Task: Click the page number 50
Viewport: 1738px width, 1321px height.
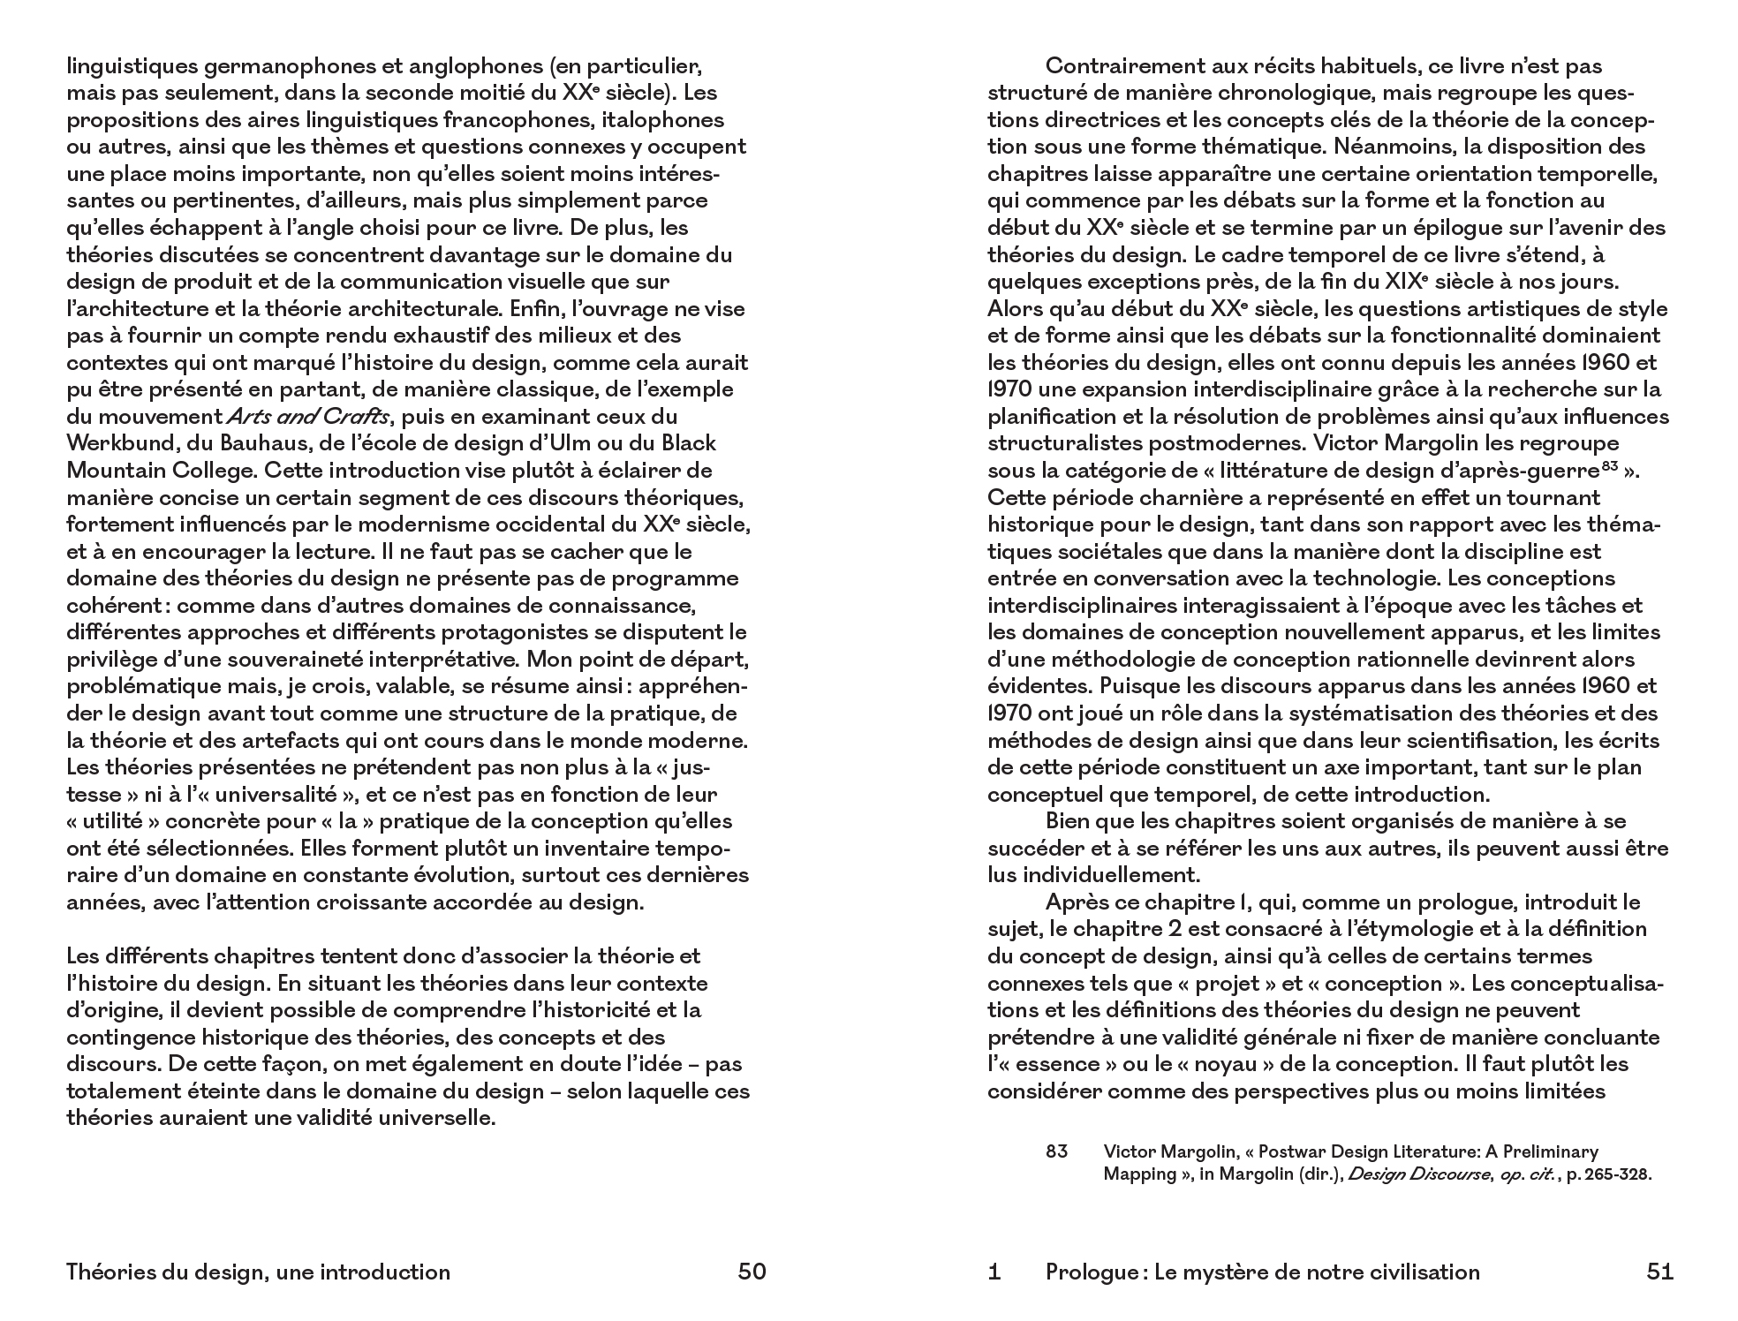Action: (752, 1272)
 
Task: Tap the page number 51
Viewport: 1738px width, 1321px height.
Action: (1660, 1272)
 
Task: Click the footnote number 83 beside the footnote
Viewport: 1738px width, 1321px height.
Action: (1056, 1151)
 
